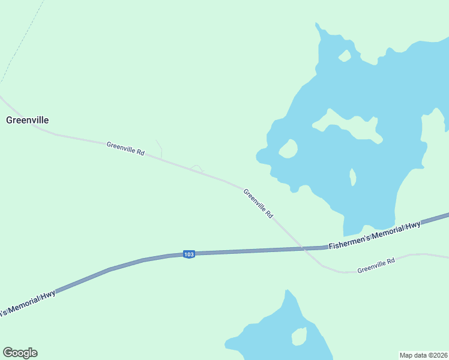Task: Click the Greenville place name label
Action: (x=27, y=120)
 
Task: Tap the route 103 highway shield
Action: (x=189, y=254)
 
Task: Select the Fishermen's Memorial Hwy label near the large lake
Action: (x=374, y=234)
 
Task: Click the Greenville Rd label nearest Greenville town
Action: (x=125, y=149)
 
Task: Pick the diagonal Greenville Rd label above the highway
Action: (x=259, y=203)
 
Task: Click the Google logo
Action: (x=20, y=353)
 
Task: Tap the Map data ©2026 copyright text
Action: (x=423, y=355)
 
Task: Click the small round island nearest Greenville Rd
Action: (x=289, y=149)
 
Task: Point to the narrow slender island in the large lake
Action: (x=352, y=177)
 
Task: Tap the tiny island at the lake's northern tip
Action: (x=345, y=56)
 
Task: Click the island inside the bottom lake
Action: (x=299, y=337)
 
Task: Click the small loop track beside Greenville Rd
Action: (x=196, y=168)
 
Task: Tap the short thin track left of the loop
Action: (x=159, y=148)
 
